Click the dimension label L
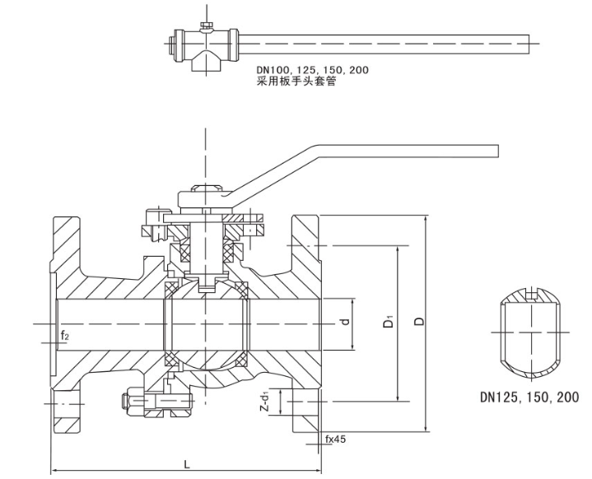pos(188,463)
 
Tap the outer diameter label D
pos(418,322)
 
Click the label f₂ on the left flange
pos(65,336)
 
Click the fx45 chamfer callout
pos(335,439)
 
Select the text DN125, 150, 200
pos(529,396)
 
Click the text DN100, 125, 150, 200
pos(312,70)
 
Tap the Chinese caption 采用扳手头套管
pos(296,81)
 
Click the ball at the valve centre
pos(207,322)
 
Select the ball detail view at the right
pos(532,329)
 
